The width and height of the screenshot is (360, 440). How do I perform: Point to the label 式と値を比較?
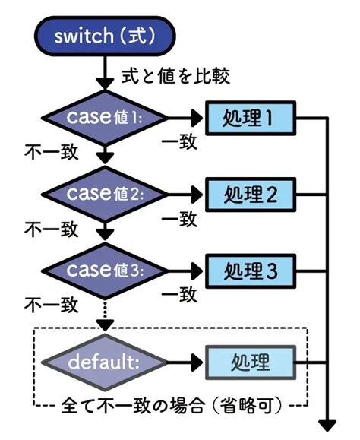point(174,76)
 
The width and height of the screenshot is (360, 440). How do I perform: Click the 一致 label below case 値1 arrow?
point(179,142)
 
